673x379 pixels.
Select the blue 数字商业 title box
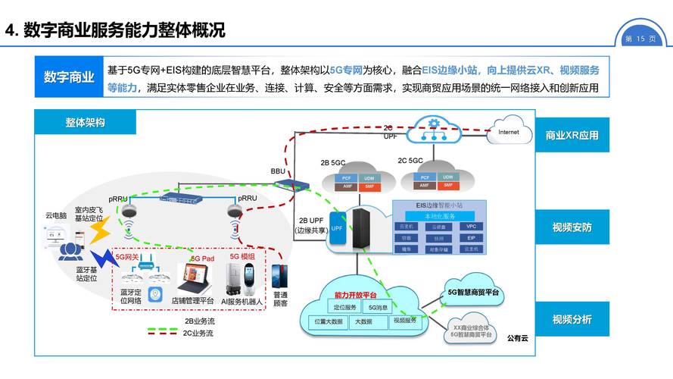[69, 77]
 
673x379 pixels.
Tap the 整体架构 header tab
[85, 122]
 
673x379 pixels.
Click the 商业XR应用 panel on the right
[572, 136]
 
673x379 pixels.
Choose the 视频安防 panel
[572, 227]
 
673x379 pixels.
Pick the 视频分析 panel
[572, 319]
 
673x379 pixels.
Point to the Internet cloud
[509, 133]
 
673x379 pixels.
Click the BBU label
[279, 172]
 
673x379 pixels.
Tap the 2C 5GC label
[410, 161]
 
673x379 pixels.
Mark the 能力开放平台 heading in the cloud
[356, 294]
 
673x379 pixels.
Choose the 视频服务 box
[404, 321]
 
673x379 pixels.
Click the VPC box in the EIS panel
[471, 226]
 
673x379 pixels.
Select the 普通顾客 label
[280, 298]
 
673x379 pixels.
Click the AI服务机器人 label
[241, 302]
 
